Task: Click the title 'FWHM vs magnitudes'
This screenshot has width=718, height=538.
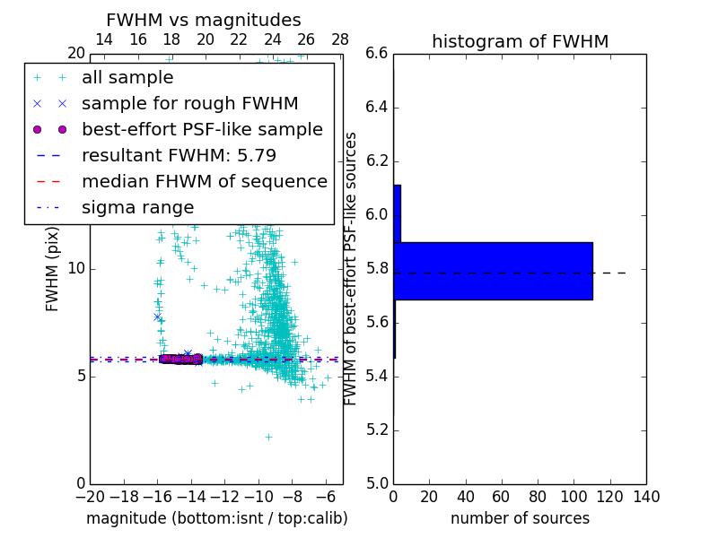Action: point(204,20)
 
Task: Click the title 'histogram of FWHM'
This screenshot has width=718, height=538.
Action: point(520,41)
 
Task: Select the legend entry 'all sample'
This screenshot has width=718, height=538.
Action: point(127,78)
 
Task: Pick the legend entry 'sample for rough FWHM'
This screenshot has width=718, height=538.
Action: point(189,104)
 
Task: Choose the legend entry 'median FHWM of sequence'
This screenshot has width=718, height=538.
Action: point(204,182)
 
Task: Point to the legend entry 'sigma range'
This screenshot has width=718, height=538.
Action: point(137,208)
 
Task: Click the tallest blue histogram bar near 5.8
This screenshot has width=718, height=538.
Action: point(493,271)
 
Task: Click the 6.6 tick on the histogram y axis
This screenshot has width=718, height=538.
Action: point(376,54)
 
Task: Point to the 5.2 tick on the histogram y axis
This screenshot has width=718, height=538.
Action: point(376,430)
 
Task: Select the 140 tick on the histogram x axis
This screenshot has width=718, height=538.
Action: point(646,497)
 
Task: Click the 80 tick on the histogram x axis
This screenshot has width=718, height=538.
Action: point(538,497)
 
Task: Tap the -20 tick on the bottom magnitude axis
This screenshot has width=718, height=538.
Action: point(90,497)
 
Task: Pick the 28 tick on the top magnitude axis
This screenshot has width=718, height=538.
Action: point(340,39)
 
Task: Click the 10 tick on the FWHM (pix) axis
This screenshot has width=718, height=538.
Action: point(76,268)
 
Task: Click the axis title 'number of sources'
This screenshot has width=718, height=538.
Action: point(520,518)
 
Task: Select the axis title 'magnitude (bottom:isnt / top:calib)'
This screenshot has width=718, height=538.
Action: point(216,518)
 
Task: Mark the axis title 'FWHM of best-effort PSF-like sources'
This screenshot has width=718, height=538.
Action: point(352,268)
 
